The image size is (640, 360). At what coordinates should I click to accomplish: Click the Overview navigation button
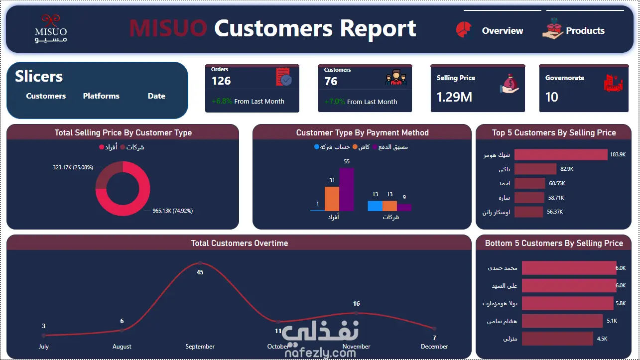click(490, 30)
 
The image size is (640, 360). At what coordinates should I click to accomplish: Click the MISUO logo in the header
click(51, 28)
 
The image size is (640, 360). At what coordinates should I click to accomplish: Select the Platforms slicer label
click(101, 96)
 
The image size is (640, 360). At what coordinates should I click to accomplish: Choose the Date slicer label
click(156, 96)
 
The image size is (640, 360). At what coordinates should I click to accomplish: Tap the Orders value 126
click(221, 81)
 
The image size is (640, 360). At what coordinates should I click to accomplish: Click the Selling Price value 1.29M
click(454, 97)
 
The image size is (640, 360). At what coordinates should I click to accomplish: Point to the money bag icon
click(510, 84)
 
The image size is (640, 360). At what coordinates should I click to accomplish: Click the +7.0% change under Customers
click(335, 102)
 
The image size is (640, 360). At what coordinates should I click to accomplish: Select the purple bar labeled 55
click(347, 189)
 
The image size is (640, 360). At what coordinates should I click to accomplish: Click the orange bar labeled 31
click(332, 199)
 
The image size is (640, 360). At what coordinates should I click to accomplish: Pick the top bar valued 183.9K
click(561, 154)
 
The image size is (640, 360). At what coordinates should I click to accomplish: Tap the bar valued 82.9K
click(535, 169)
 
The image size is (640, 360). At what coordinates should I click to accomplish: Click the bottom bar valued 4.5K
click(557, 339)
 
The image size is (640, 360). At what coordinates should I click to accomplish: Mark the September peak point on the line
click(200, 263)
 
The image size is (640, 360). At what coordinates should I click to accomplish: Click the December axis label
click(434, 347)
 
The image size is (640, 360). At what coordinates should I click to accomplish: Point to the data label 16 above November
click(356, 303)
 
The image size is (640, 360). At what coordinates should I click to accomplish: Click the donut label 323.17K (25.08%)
click(73, 167)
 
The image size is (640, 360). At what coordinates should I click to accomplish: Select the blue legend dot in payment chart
click(316, 147)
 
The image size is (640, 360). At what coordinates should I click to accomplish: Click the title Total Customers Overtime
click(240, 243)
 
